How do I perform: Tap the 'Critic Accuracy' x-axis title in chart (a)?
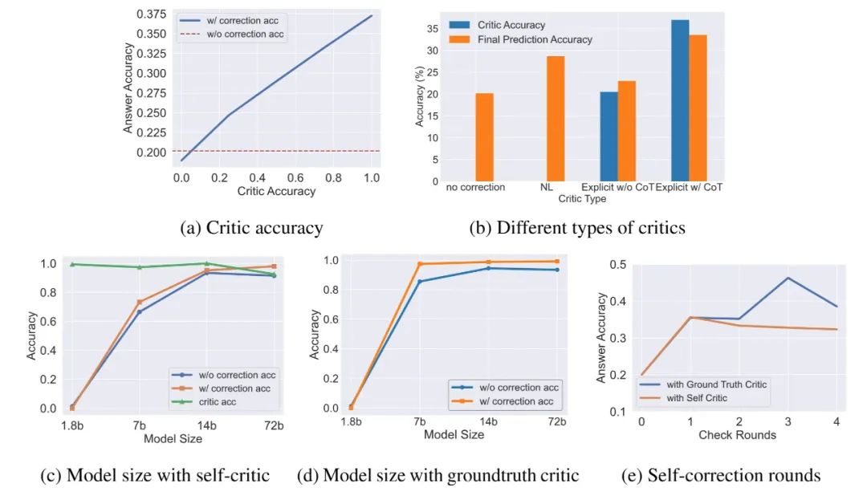pos(276,191)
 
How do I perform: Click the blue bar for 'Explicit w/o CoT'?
pos(609,136)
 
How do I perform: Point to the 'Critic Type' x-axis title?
pos(582,198)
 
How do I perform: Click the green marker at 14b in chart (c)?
pos(207,263)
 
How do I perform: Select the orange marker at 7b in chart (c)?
pos(140,303)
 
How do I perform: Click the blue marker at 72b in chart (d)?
pos(556,270)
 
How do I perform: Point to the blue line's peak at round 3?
pos(788,278)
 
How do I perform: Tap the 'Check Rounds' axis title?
pos(738,435)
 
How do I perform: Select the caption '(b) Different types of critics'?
pos(576,228)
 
